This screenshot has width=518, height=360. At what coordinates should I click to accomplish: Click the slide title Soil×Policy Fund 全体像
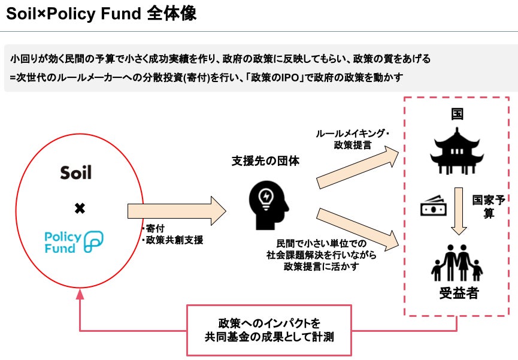pos(101,14)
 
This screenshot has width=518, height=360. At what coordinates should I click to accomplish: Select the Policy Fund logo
pos(74,241)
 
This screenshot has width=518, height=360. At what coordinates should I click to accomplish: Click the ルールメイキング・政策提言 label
pos(352,139)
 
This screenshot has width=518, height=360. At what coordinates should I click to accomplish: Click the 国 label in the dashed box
pos(458,114)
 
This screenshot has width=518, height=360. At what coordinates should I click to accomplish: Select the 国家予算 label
pos(489,207)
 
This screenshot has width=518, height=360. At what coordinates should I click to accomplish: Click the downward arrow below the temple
pos(459,211)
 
